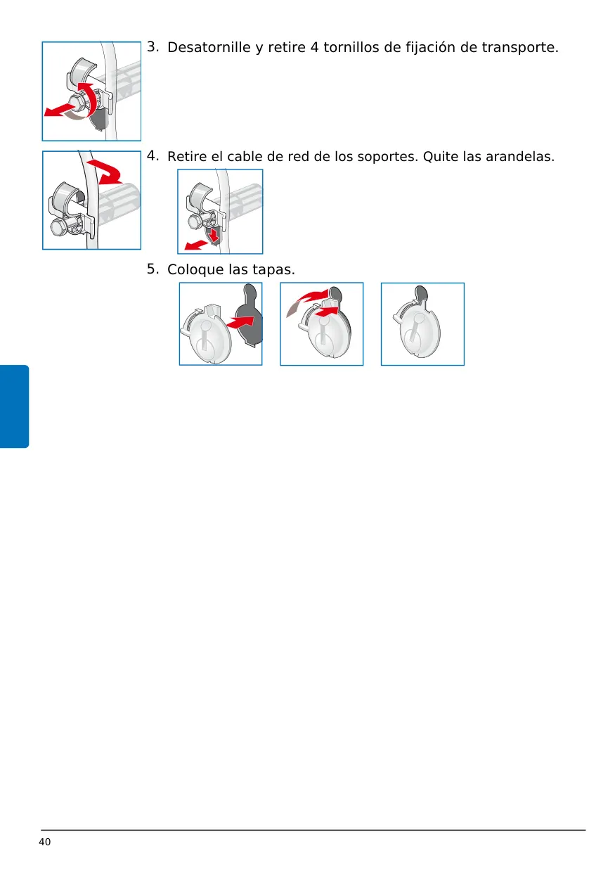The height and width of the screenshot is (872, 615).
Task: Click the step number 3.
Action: (153, 46)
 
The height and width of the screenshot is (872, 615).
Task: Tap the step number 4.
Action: (153, 155)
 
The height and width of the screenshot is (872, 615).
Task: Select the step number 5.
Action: (153, 269)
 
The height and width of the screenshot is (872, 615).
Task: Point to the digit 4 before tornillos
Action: (314, 47)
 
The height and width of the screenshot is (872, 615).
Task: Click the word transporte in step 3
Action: (520, 48)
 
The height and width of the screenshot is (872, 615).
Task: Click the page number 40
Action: (45, 842)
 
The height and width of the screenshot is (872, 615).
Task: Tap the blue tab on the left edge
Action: (14, 406)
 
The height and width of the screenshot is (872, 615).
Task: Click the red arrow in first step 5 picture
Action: (240, 322)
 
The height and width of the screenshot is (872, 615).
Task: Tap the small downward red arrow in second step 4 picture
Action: (213, 235)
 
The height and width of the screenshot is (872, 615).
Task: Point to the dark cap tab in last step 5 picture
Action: (421, 293)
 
